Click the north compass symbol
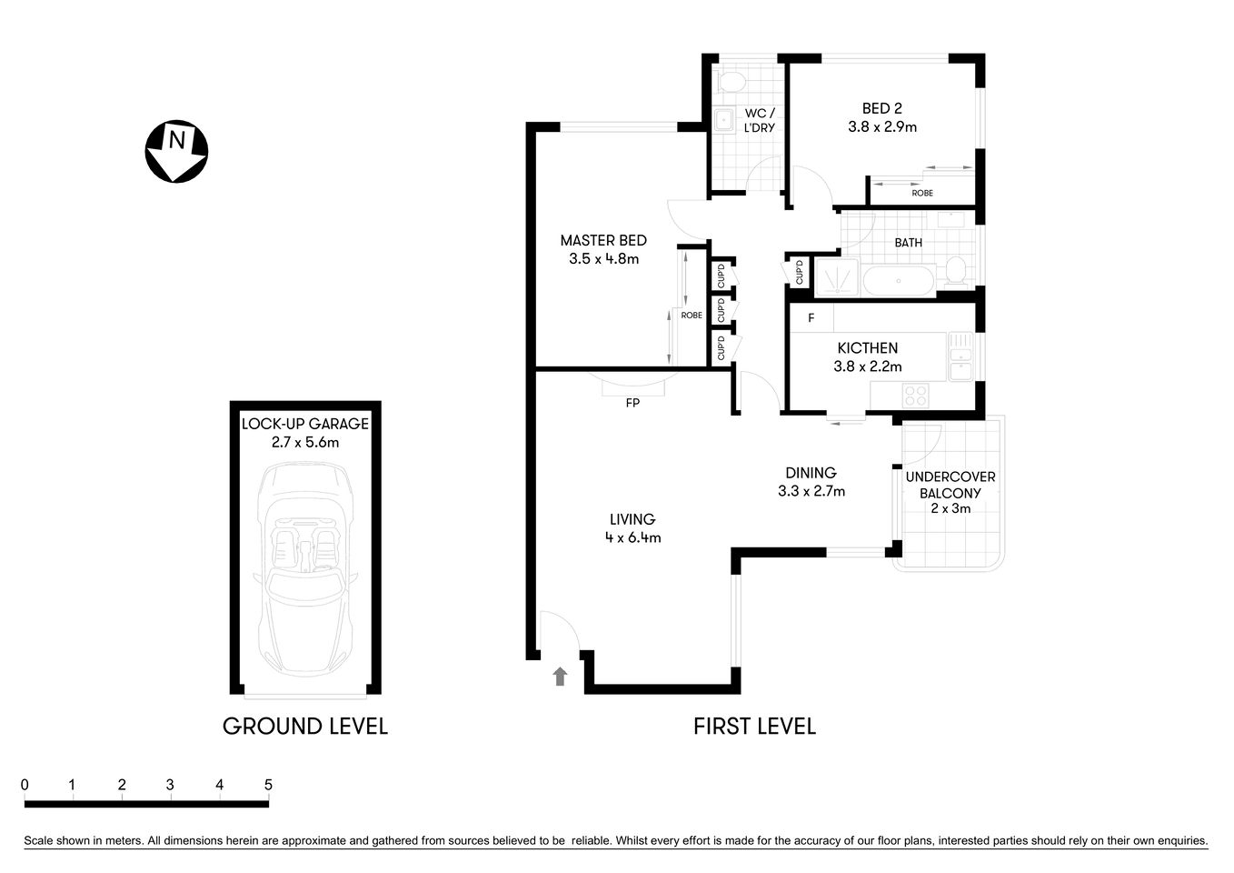(176, 151)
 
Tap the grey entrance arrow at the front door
(560, 676)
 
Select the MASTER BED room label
(603, 241)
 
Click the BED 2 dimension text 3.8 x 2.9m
(881, 127)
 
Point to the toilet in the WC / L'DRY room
(729, 82)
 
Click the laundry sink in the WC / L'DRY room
(725, 120)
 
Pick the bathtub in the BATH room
(898, 281)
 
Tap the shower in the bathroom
(835, 278)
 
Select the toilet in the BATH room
(955, 270)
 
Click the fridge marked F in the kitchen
(811, 318)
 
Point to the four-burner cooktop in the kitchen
(915, 396)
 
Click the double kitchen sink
(960, 356)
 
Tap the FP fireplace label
(632, 402)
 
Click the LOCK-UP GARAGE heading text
(305, 424)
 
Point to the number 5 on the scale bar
(268, 785)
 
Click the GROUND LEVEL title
(305, 726)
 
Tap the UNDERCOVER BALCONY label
(950, 485)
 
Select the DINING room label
(811, 473)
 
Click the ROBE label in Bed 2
(921, 193)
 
